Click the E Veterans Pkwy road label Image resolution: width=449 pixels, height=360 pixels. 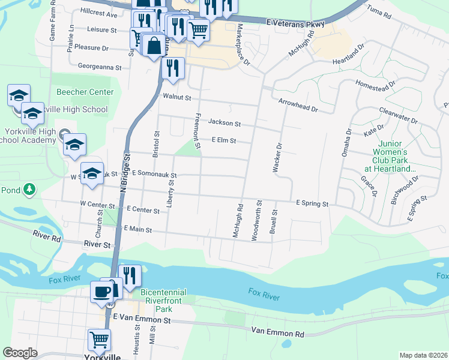296,23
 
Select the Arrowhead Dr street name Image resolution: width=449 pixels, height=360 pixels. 297,106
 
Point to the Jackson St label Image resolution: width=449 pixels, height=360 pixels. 224,123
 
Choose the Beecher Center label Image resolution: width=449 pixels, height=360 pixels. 85,92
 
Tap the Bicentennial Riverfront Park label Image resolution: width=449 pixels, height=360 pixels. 163,301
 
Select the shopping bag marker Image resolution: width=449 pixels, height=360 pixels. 154,46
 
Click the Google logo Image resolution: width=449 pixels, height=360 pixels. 20,352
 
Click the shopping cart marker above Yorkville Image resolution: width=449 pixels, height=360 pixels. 99,340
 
